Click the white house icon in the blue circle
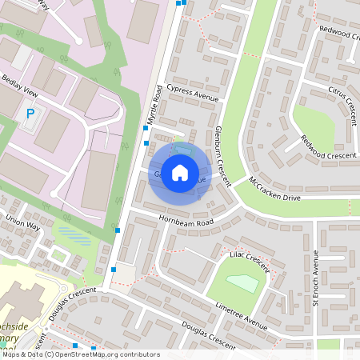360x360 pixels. click(180, 173)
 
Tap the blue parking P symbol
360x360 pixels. click(30, 114)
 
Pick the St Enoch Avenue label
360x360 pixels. click(315, 278)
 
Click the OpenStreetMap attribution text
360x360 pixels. click(80, 354)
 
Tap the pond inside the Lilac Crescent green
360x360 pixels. click(242, 282)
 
